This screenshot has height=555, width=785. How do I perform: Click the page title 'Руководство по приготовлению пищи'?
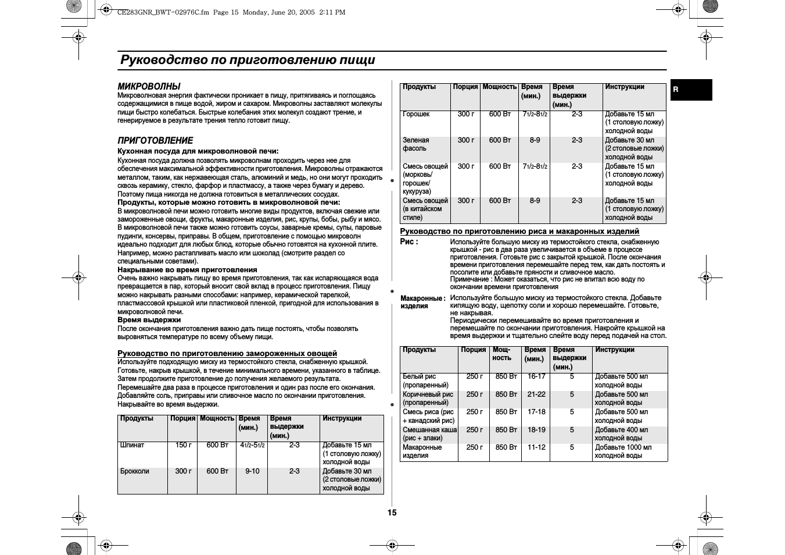248,60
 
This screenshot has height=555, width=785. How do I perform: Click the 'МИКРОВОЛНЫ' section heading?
149,86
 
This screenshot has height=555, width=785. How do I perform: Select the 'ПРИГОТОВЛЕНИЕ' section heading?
155,140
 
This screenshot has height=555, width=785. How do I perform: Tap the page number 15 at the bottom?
392,513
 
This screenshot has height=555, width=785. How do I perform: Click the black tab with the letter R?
691,90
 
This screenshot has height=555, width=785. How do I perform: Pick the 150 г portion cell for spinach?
183,445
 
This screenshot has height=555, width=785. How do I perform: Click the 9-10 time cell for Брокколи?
252,471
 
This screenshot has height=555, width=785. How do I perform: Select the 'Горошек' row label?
416,114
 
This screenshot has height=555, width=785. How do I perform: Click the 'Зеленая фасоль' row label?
416,144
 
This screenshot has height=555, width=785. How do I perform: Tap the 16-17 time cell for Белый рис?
536,376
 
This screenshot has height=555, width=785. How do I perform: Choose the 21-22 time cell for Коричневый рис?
536,394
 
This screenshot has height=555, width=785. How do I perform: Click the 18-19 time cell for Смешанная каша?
536,430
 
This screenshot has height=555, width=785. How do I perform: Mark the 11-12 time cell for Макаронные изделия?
536,447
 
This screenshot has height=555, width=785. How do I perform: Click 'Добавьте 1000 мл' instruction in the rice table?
623,447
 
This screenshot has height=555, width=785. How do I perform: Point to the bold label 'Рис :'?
409,241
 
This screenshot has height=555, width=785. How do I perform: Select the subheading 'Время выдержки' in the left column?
149,320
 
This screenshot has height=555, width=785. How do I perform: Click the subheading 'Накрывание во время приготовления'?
187,270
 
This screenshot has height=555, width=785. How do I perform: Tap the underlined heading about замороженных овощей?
227,353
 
